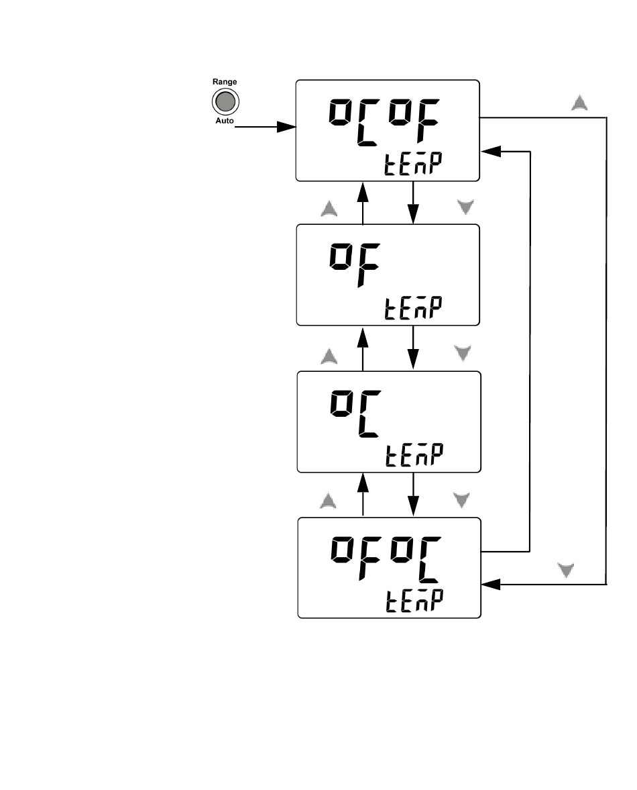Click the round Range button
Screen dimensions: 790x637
(225, 102)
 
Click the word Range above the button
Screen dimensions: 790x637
(225, 82)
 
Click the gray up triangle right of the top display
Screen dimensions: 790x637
(579, 103)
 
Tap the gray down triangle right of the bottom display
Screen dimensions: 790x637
(568, 571)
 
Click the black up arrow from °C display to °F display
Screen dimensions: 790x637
(363, 348)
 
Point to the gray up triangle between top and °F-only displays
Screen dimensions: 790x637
(329, 209)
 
